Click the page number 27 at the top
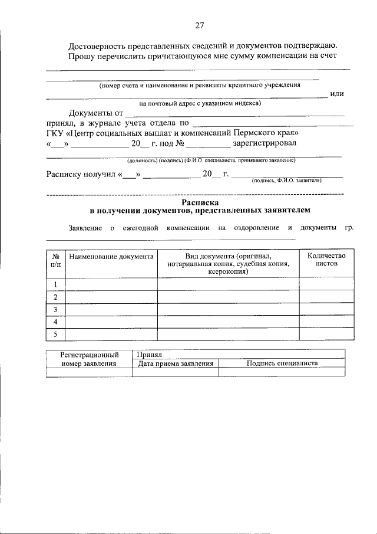199,25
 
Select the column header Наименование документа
111,256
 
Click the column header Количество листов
322,260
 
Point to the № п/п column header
55,260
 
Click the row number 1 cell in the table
55,284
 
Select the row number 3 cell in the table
55,310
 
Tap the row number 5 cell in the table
55,335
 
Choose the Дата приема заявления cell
175,363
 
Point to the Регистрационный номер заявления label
89,359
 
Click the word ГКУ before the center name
57,133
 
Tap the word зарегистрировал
265,143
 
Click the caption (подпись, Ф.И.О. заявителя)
286,181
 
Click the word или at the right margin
337,94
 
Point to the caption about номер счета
200,85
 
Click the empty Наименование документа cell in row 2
111,297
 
